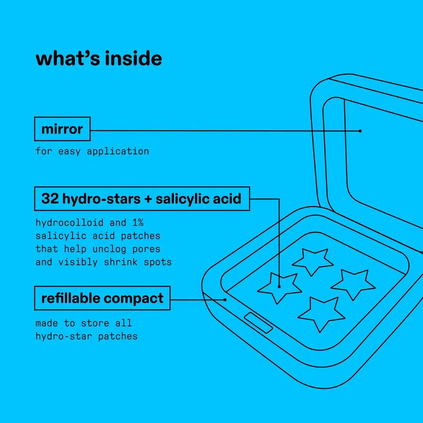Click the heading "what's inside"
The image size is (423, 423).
point(99,58)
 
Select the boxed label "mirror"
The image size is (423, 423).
point(62,129)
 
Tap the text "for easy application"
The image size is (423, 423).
point(92,151)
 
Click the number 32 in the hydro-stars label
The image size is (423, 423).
point(50,199)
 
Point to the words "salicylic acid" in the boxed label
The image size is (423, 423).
point(198,199)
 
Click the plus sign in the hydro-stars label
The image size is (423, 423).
point(148,199)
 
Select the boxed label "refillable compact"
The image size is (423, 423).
point(102,298)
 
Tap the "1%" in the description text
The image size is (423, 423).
point(138,223)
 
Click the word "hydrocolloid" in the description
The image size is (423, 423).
point(69,223)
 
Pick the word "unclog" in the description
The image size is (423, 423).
point(109,249)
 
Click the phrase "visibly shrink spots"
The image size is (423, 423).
point(115,262)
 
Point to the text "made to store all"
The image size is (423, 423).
point(83,323)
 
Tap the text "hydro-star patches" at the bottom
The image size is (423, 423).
point(87,336)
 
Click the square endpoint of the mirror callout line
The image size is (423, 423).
point(360,131)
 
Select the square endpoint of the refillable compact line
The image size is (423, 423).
point(225,300)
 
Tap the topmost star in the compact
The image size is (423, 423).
point(312,261)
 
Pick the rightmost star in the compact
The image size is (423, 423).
point(353,284)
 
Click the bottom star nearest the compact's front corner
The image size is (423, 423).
point(321,314)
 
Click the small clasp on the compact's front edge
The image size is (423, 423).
point(258,323)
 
